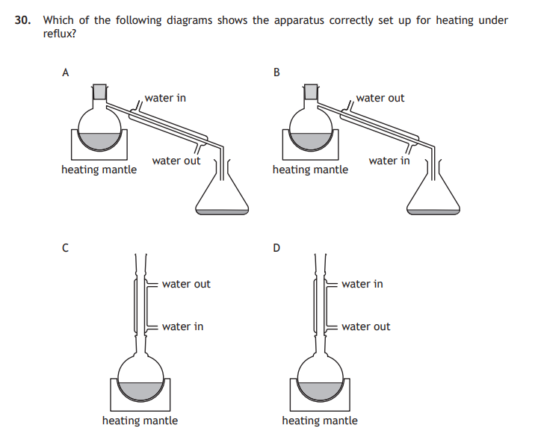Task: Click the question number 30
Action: tap(23, 20)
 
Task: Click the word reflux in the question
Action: tap(60, 34)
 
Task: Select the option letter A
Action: tap(66, 72)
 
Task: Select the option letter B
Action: tap(277, 72)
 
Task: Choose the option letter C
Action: tap(66, 248)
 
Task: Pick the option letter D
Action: tap(277, 248)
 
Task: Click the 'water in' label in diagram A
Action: tap(165, 98)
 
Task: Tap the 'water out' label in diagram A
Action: tap(176, 161)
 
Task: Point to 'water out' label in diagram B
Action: tap(380, 98)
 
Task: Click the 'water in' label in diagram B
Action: tap(389, 161)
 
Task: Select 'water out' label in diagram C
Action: tap(186, 284)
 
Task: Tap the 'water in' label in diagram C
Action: tap(182, 326)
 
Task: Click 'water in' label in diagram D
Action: tap(362, 284)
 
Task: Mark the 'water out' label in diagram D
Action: tap(365, 326)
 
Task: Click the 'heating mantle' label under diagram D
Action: tap(319, 421)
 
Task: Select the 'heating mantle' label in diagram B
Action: tap(310, 170)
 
